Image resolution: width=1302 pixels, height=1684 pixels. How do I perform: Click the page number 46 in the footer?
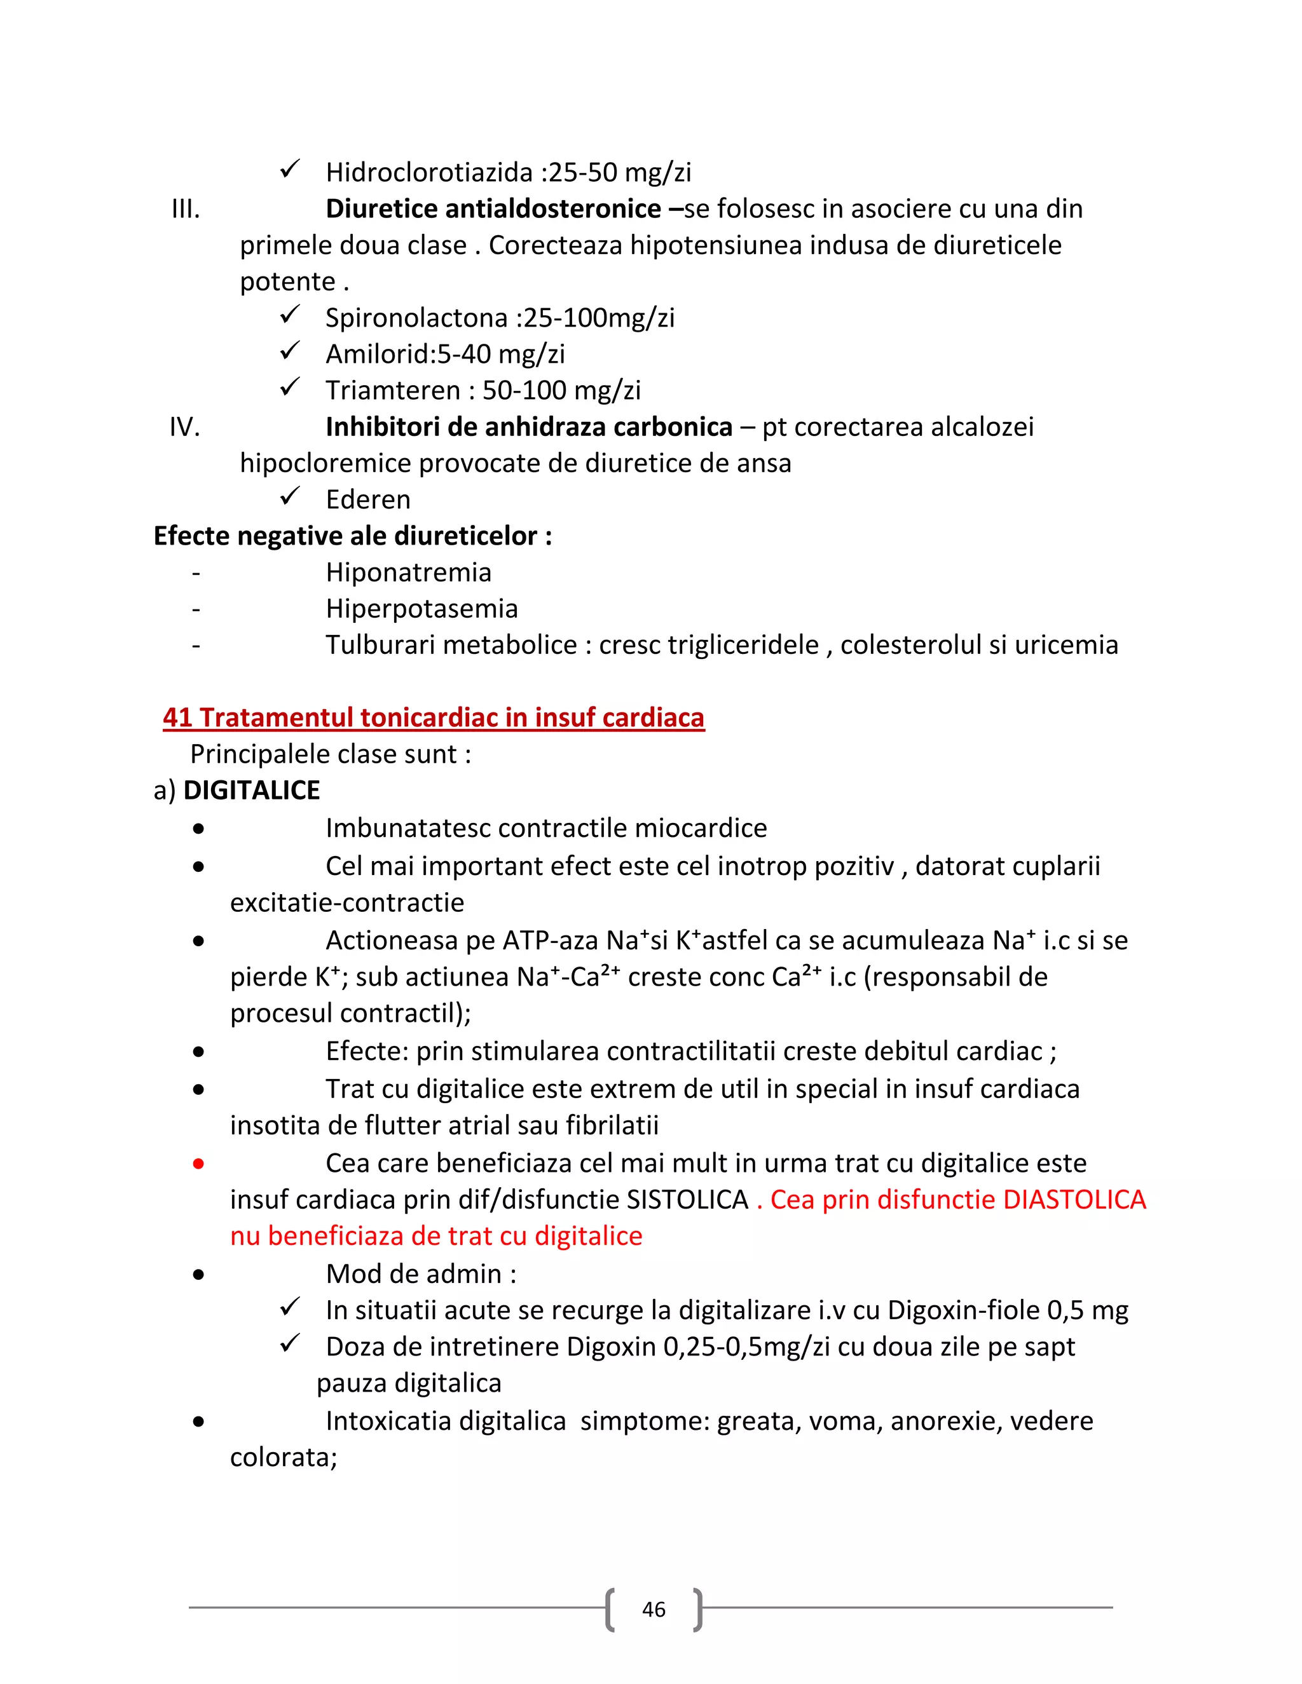click(x=654, y=1609)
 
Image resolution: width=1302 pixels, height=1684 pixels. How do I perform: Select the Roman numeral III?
click(x=185, y=209)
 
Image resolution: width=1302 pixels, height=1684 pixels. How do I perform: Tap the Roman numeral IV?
click(x=184, y=427)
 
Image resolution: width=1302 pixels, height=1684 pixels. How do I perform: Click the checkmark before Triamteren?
click(x=290, y=387)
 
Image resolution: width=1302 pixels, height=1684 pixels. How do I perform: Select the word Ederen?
click(x=368, y=499)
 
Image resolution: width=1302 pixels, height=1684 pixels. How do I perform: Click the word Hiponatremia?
click(x=408, y=572)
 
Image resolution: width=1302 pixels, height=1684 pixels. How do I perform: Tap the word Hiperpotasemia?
click(x=421, y=608)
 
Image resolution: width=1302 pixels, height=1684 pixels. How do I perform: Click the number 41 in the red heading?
click(x=177, y=718)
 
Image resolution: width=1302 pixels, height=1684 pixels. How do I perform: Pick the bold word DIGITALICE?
click(x=252, y=791)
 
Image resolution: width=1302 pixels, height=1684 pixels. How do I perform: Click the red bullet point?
click(x=199, y=1164)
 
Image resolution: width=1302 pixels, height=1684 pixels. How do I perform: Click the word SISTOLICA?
click(x=687, y=1200)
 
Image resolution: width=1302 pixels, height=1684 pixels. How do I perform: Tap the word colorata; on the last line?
click(x=283, y=1457)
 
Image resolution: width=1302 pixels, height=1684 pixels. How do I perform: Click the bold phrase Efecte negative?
click(x=249, y=536)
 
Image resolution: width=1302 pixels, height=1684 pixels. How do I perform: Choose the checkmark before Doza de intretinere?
click(x=290, y=1344)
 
